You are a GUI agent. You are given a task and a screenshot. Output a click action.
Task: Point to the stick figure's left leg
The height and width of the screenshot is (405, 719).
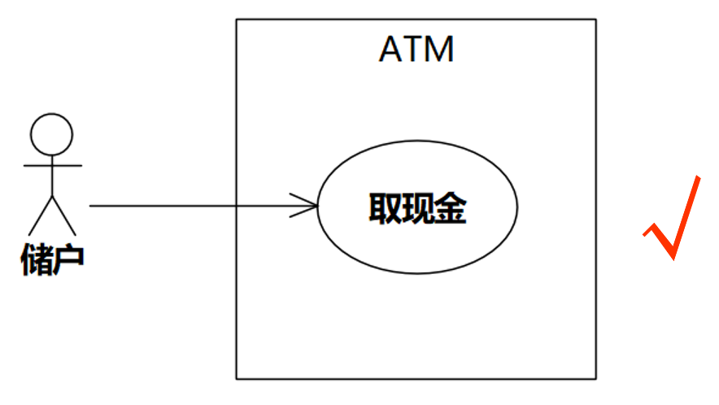pos(41,215)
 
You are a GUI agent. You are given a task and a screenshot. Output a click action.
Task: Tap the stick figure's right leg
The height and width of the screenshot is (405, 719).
pos(63,215)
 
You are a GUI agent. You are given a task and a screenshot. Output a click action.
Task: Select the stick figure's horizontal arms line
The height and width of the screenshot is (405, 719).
pos(52,166)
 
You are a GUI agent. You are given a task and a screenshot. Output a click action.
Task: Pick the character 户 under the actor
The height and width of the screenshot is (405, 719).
pos(68,259)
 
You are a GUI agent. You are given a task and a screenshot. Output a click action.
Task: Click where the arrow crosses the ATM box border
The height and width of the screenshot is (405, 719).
pos(237,206)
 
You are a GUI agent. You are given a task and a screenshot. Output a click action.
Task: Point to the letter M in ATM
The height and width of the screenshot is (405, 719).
pos(438,50)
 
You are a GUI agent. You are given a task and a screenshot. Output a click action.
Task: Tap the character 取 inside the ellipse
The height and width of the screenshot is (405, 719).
pos(383,208)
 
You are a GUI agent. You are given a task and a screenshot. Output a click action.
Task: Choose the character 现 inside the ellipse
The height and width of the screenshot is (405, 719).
pos(416,208)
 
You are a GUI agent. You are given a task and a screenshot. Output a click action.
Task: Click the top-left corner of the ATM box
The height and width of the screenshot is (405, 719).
pos(237,20)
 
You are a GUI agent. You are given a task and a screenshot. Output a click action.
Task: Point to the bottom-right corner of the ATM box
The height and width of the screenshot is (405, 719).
pos(596,379)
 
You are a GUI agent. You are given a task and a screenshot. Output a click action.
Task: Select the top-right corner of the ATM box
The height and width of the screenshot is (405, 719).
pos(596,20)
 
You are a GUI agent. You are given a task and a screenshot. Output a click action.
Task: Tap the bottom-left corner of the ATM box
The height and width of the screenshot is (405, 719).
pos(237,379)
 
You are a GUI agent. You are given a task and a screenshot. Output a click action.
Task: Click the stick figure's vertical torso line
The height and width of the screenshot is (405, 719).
pos(52,177)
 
